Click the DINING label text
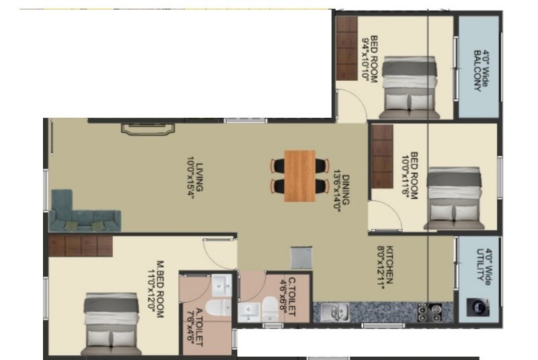(x=342, y=193)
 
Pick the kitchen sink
(x=334, y=312)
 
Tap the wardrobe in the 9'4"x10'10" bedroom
(x=348, y=48)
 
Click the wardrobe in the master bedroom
(x=79, y=245)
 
